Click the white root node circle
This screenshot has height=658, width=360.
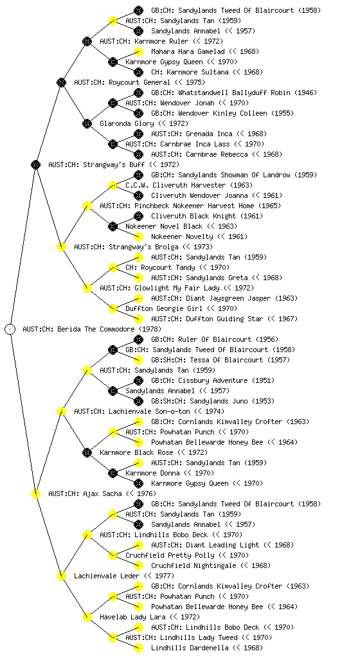(10, 329)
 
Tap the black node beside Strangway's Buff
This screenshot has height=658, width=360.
(35, 164)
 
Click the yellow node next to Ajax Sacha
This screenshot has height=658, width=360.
(35, 493)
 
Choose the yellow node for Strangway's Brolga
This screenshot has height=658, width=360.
(61, 247)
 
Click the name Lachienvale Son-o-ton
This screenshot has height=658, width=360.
(149, 411)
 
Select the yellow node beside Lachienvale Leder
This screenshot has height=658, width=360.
(61, 576)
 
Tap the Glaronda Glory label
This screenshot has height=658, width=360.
(144, 123)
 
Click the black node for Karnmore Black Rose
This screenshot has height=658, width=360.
(87, 452)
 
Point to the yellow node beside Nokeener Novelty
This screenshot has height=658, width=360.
(138, 236)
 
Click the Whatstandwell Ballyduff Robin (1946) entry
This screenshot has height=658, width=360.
(234, 93)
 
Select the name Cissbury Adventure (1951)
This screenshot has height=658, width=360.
(213, 380)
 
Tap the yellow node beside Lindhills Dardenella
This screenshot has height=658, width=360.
(138, 648)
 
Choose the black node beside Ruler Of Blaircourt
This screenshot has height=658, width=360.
(138, 339)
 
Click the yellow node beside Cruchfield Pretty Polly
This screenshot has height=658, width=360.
(113, 555)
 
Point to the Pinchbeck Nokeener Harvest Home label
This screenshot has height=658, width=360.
(190, 206)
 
